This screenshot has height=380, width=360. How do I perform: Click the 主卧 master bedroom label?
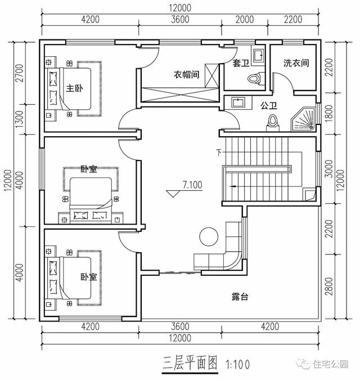75,88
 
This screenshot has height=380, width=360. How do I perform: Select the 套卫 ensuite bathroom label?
241,64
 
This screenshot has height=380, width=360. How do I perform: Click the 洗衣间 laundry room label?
296,64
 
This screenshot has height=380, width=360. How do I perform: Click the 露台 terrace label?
240,296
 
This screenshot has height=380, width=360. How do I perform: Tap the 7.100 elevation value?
192,184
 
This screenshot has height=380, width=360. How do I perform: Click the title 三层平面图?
190,363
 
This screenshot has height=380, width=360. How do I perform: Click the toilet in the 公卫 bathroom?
274,120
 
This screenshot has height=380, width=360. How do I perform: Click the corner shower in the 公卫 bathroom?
304,117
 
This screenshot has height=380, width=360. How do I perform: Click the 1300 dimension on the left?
20,119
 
